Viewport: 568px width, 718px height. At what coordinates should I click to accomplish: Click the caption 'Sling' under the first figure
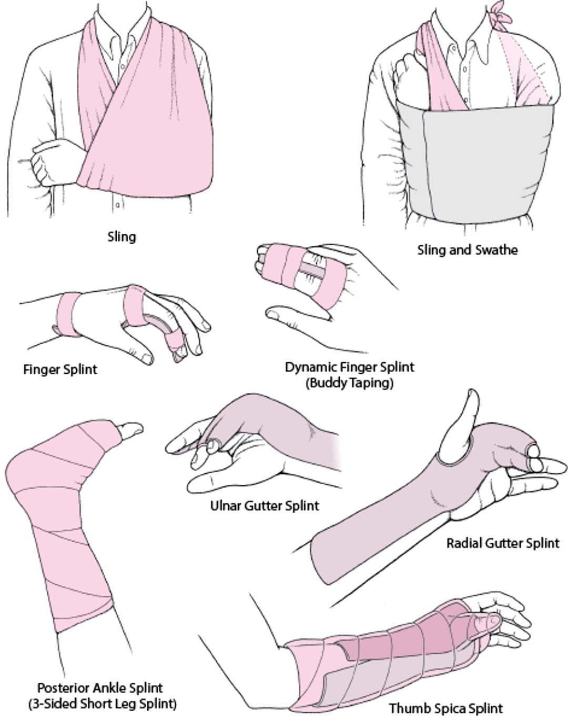point(121,237)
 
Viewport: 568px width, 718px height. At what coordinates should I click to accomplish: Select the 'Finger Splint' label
point(60,370)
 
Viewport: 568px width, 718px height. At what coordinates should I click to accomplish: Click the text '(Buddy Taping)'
point(349,383)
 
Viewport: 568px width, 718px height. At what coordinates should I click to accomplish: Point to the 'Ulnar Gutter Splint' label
point(265,506)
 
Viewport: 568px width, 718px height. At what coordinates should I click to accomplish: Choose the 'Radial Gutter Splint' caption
point(503,543)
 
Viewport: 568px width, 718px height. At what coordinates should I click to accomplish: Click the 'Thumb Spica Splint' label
point(445,708)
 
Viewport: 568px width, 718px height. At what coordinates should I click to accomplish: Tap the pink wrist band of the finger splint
point(67,313)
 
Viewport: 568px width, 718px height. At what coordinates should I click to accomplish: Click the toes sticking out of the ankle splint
point(129,428)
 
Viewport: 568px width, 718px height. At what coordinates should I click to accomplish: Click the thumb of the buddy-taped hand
point(295,316)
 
